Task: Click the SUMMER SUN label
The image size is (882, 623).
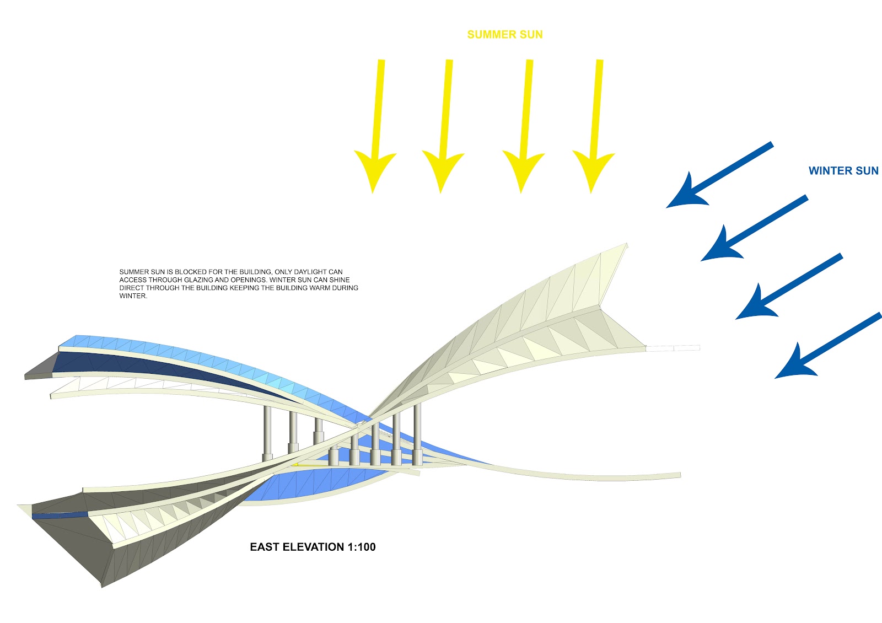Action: click(505, 35)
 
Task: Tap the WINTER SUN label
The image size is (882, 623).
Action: click(843, 171)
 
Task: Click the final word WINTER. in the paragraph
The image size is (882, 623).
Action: click(133, 296)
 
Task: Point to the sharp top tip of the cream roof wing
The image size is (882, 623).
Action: click(627, 244)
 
